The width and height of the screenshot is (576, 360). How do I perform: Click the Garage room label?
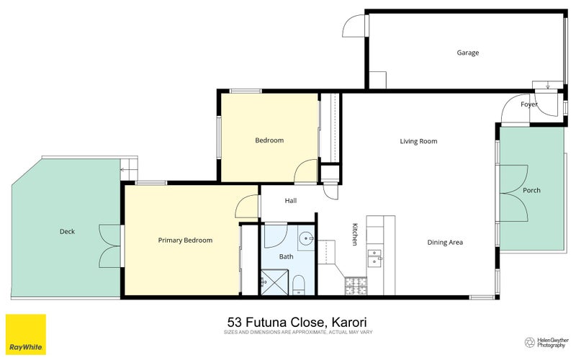[467, 53]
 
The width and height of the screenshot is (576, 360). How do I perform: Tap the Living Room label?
[418, 141]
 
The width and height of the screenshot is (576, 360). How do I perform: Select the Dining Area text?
[445, 243]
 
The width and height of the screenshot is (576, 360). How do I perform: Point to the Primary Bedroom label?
[185, 240]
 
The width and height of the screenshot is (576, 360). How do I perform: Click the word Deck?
[67, 231]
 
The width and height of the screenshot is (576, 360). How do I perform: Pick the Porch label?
[531, 190]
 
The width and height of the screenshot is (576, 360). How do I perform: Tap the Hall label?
[291, 201]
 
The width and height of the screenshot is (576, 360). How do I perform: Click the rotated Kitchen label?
[355, 234]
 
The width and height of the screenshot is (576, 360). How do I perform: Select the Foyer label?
[529, 104]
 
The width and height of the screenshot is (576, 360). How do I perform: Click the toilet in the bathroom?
[299, 285]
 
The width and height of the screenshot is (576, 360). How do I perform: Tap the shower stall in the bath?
[274, 282]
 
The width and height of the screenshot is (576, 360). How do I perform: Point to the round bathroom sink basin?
[305, 239]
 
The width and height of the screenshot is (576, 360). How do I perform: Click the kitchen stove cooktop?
[356, 286]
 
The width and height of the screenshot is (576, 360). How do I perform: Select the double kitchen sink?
[374, 258]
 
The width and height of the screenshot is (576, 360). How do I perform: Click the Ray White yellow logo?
[26, 334]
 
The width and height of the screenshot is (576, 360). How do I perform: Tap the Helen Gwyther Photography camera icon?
[529, 343]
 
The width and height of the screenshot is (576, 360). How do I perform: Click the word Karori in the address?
[349, 323]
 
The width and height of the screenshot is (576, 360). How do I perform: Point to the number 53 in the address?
[235, 323]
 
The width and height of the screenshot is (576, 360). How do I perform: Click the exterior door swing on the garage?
[354, 26]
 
